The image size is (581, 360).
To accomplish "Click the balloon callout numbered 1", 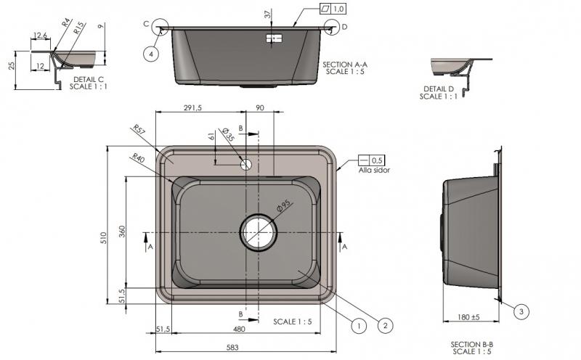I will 357,326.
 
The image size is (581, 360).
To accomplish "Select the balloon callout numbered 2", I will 385,326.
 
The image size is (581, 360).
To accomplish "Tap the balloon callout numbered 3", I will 520,312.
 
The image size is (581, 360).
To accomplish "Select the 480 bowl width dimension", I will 238,329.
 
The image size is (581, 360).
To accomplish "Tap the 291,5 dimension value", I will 192,107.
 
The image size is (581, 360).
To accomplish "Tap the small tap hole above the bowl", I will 246,164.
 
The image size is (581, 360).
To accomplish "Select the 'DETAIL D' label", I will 438,89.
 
